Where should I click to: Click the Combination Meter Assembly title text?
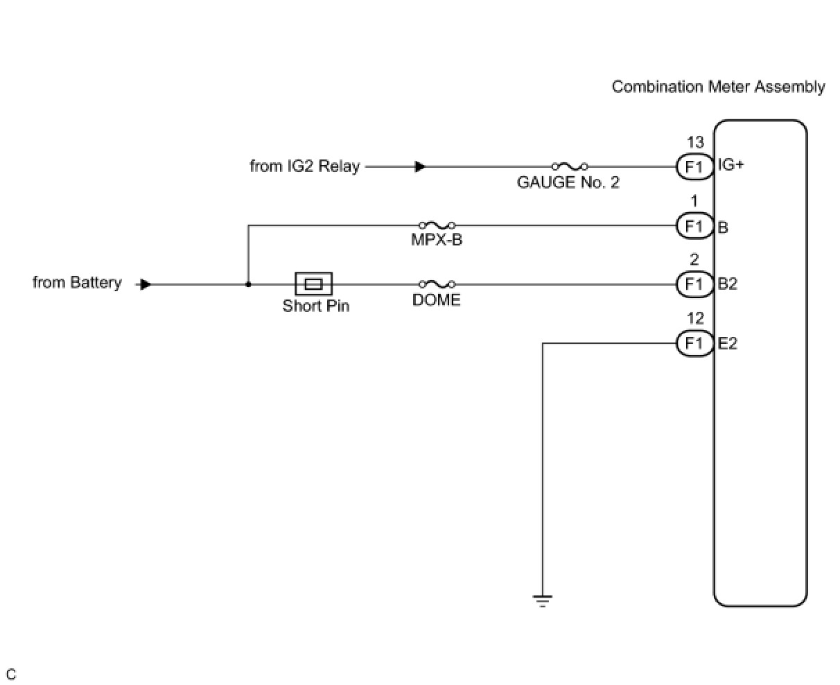click(718, 87)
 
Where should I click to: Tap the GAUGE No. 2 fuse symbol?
click(570, 166)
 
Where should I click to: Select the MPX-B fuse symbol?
click(437, 225)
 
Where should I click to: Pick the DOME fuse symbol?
click(437, 284)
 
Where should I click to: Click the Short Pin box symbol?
click(313, 284)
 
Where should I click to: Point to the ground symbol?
click(543, 600)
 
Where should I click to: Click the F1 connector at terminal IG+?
click(694, 166)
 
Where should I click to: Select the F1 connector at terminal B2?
click(694, 284)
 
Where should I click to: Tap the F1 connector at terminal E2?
click(694, 343)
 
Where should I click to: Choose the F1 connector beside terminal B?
click(694, 225)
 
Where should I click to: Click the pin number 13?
click(695, 142)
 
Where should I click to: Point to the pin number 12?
click(695, 318)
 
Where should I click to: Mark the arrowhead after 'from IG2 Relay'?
click(420, 166)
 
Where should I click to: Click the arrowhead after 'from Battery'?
click(146, 284)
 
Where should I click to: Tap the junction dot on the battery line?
click(248, 284)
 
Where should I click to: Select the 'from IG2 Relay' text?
click(305, 166)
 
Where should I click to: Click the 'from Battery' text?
click(77, 282)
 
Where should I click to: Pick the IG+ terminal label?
click(730, 164)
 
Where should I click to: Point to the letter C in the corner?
click(11, 675)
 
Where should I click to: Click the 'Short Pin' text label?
click(316, 306)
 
